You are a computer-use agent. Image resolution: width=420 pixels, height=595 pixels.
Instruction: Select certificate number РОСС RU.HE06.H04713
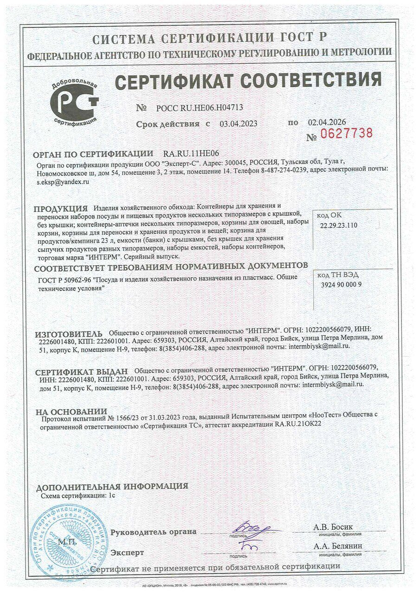coord(200,108)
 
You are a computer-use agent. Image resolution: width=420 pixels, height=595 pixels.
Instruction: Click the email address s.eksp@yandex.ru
coord(63,183)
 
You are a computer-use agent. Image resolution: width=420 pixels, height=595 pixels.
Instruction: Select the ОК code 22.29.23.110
coord(339,225)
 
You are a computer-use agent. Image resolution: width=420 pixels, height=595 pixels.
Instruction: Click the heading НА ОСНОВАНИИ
coord(71,411)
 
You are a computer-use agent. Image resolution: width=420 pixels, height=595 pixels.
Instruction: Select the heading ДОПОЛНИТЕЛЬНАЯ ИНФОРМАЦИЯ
coord(112,487)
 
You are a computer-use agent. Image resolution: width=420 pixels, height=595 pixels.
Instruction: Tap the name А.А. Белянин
coord(338,546)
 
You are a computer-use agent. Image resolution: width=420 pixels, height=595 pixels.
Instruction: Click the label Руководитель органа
coord(153,532)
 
